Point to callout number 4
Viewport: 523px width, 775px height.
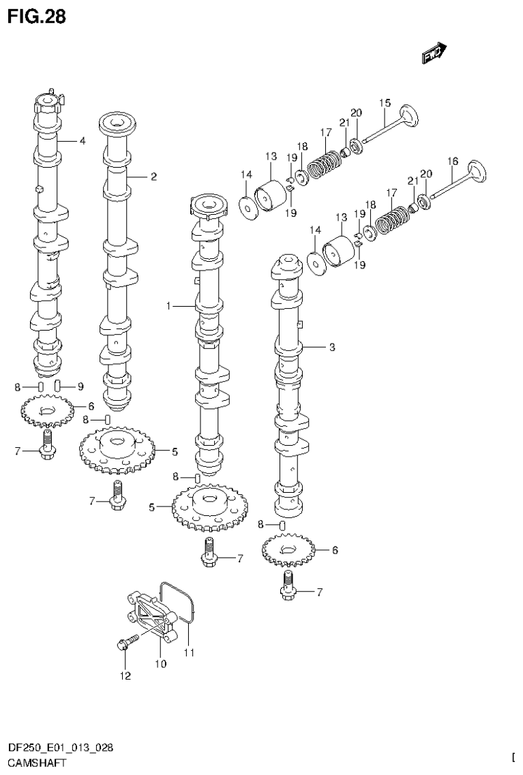coord(82,141)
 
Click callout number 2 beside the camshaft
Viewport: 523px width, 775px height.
coord(153,177)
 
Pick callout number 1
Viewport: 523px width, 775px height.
coord(168,307)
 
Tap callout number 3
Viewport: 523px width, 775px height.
coord(331,347)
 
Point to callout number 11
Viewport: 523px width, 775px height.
coord(189,652)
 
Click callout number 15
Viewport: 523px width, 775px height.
coord(385,103)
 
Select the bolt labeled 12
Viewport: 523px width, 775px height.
coord(129,641)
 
